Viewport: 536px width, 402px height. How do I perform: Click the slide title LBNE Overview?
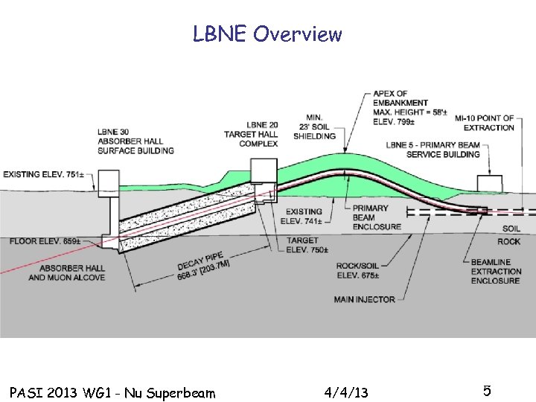pos(267,34)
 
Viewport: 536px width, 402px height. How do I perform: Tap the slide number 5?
pos(486,391)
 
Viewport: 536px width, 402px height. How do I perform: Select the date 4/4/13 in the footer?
pos(346,392)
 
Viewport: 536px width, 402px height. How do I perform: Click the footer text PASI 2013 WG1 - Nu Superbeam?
pos(112,392)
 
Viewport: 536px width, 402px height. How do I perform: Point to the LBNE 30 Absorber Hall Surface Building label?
pos(135,141)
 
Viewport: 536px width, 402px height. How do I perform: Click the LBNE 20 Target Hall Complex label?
pos(251,134)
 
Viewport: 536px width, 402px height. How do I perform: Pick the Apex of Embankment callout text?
pos(411,108)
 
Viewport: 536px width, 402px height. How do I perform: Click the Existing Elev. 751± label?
pos(43,174)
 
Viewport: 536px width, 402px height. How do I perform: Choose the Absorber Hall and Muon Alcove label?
pos(67,272)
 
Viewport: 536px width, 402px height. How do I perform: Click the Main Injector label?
pos(365,299)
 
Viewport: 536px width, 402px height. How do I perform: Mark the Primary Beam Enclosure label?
pos(377,217)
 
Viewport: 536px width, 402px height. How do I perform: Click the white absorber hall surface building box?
pos(109,182)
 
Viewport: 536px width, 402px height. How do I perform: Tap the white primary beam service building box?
pos(489,184)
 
